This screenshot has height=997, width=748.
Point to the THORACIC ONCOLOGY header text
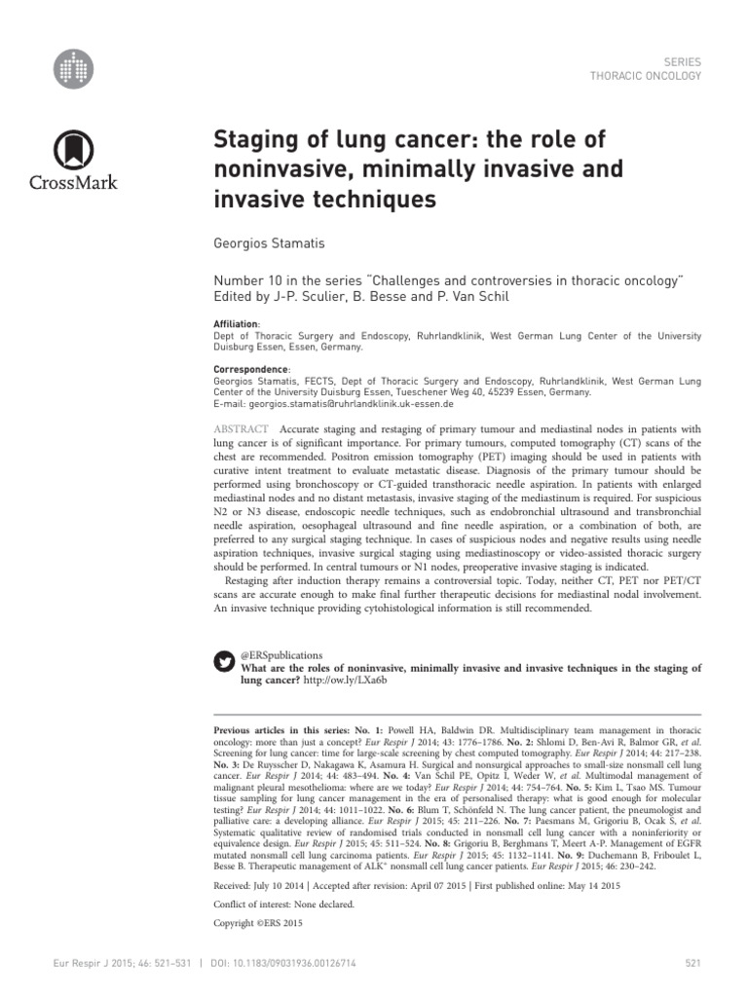click(645, 75)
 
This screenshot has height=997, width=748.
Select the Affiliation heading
click(238, 323)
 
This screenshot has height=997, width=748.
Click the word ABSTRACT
click(243, 429)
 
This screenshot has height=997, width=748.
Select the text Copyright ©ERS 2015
click(260, 921)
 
